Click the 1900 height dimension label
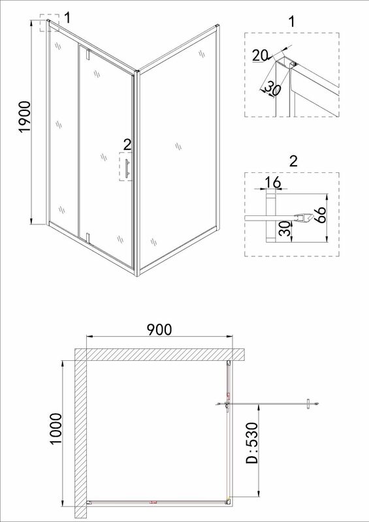[25, 117]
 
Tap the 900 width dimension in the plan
[159, 330]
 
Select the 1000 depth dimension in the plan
[56, 428]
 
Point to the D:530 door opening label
[251, 443]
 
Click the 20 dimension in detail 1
[261, 55]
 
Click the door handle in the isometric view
[127, 168]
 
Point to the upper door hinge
[88, 55]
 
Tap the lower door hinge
[88, 237]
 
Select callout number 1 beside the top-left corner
[67, 18]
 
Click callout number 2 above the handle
[127, 145]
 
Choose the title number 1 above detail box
[292, 22]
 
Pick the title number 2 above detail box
[293, 161]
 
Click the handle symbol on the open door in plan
[309, 404]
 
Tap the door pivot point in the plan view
[227, 404]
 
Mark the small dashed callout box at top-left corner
[50, 23]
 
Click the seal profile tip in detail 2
[313, 217]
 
